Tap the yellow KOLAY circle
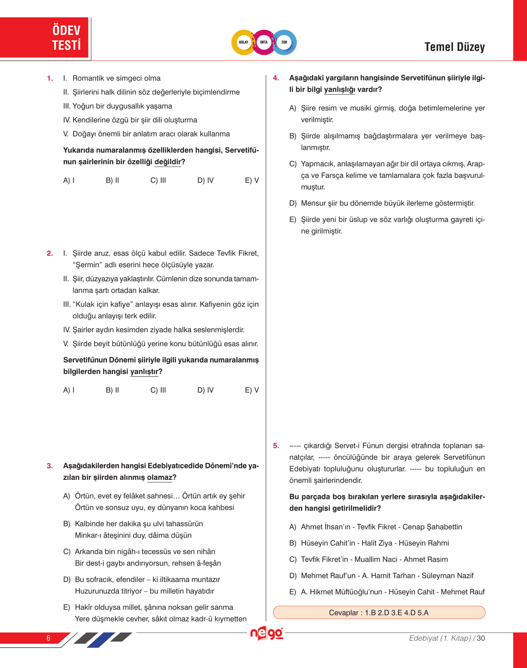[243, 42]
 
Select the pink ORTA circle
[264, 42]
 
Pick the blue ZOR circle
[284, 42]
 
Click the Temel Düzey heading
[454, 47]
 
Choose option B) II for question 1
[112, 180]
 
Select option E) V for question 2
[252, 390]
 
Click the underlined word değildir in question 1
[167, 162]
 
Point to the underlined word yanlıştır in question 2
[144, 372]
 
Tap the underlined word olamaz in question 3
[160, 478]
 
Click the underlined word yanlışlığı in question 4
[339, 90]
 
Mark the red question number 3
[50, 466]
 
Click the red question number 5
[276, 446]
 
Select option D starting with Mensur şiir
[388, 204]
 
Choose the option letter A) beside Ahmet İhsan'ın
[293, 527]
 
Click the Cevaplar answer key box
[379, 613]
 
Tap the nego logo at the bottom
[267, 634]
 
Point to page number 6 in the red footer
[48, 638]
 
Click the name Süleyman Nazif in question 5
[448, 576]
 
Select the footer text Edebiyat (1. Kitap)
[440, 638]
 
